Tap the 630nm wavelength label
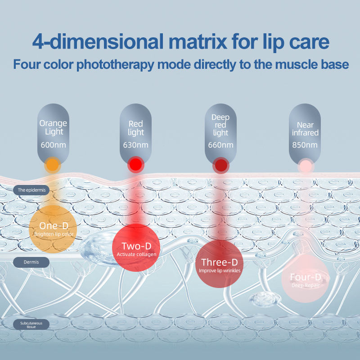point(135,145)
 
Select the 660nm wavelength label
point(220,145)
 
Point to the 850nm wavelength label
point(305,145)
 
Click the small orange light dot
point(53,165)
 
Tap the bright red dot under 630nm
point(135,165)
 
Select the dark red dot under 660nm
point(220,165)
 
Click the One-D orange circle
point(53,229)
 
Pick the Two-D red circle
point(136,248)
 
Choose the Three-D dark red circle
point(220,265)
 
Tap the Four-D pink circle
point(305,279)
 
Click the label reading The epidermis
point(31,190)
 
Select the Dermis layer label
point(31,261)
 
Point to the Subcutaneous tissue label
point(31,324)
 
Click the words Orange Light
point(54,127)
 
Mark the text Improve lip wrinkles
point(220,271)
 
